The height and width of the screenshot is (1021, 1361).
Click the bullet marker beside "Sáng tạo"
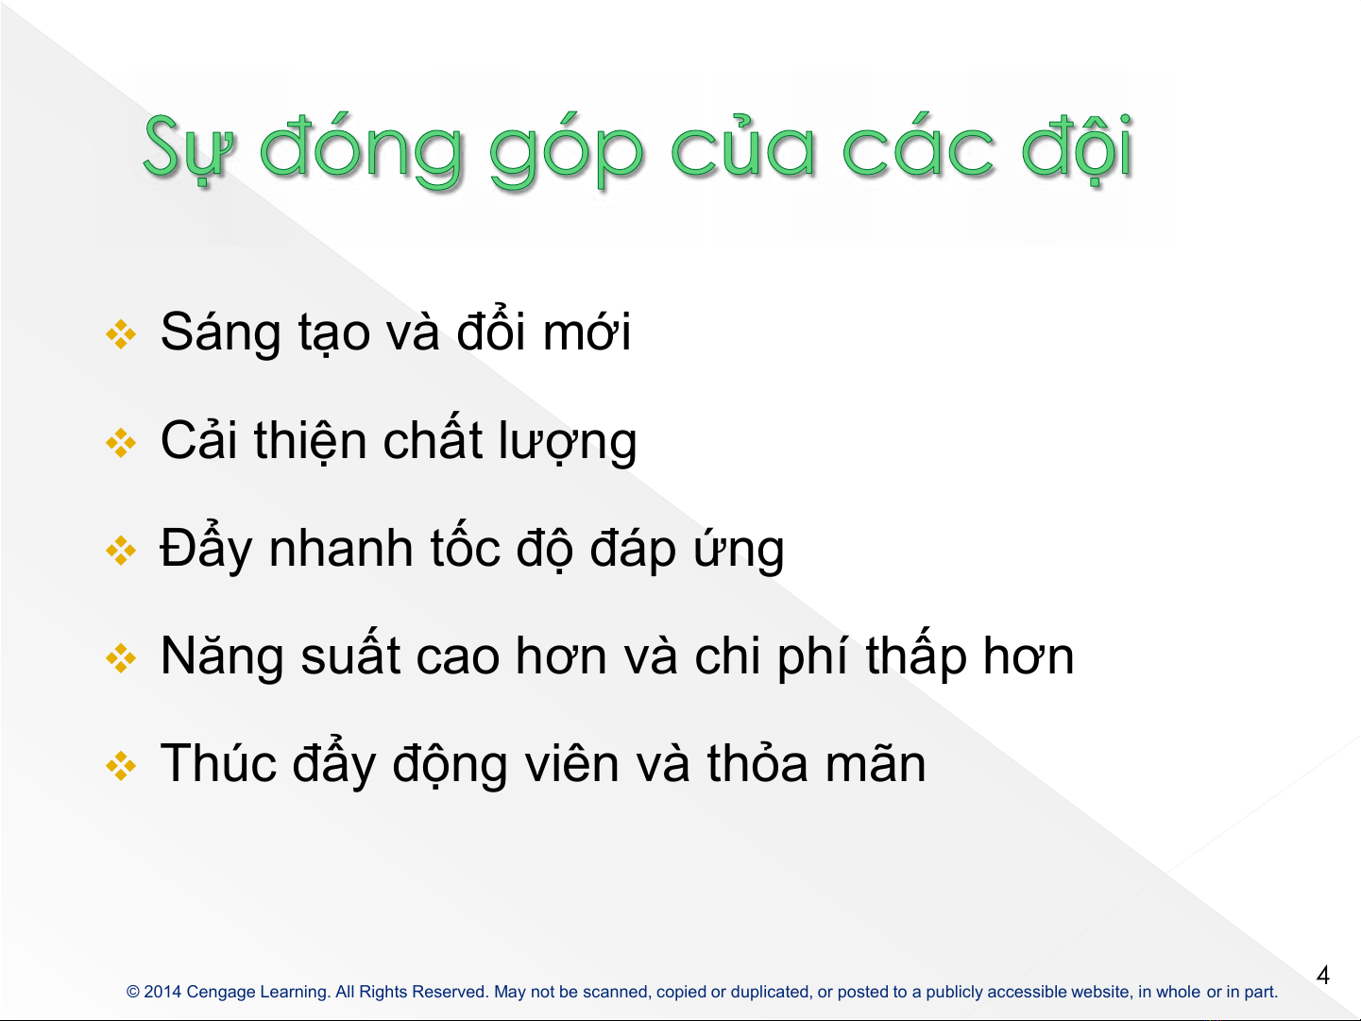[x=121, y=334]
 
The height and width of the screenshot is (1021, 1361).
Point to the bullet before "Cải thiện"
[x=121, y=443]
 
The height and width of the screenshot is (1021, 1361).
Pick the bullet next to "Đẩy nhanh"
[x=121, y=551]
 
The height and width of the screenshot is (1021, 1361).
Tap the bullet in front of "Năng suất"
[x=121, y=657]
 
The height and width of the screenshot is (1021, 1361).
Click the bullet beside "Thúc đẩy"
[x=121, y=766]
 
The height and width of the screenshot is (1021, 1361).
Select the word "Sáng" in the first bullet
[x=220, y=333]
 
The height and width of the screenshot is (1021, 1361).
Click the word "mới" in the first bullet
[x=587, y=331]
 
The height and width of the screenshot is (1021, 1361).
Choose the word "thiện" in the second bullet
[x=311, y=441]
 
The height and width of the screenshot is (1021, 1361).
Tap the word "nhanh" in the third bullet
[x=341, y=549]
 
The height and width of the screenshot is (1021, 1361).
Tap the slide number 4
[x=1323, y=975]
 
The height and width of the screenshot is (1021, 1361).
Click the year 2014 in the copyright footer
[x=162, y=992]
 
